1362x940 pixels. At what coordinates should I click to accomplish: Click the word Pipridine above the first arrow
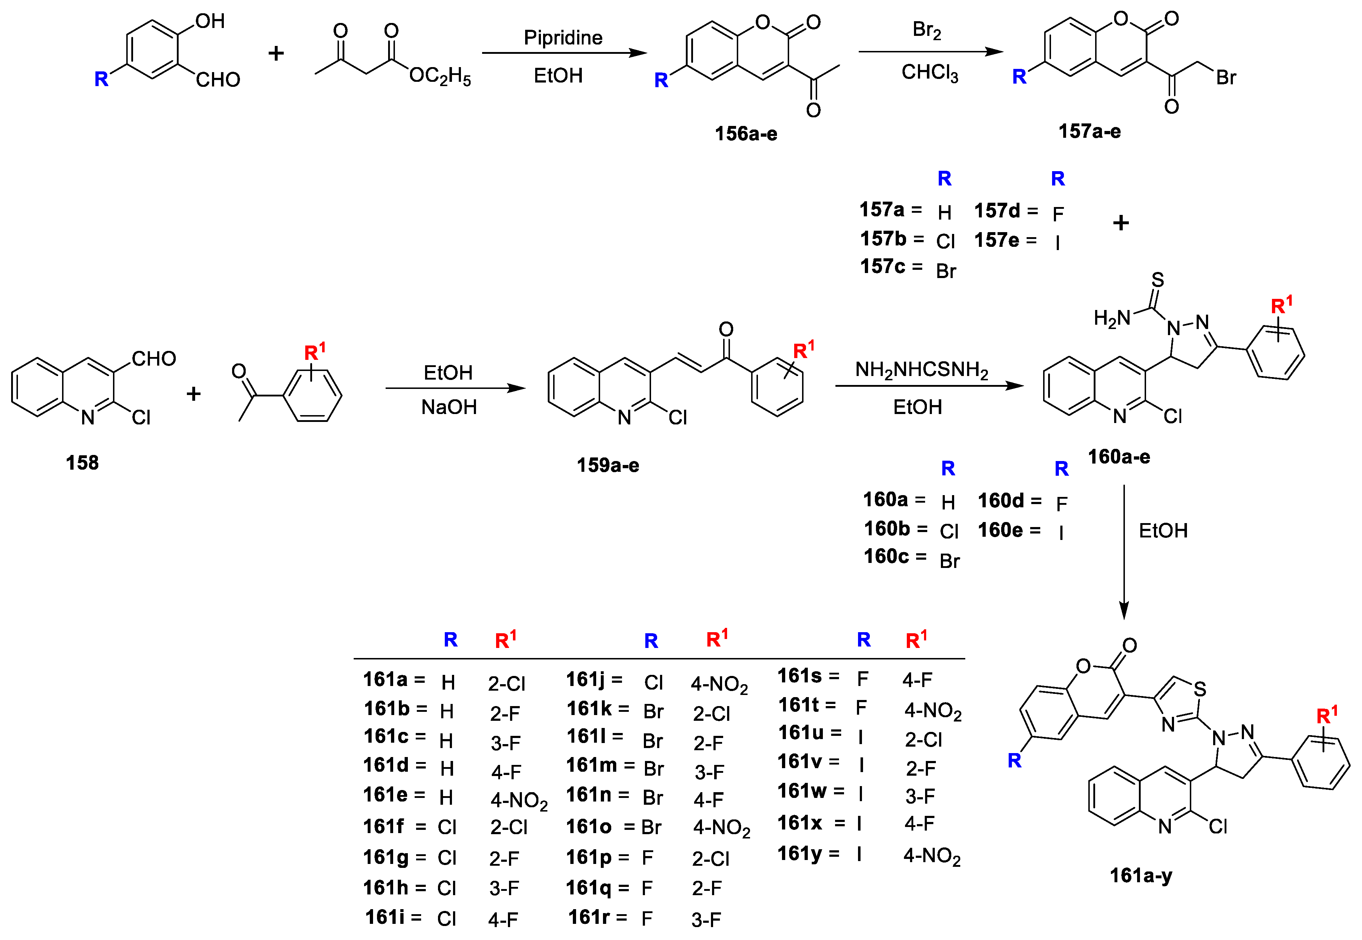click(x=563, y=38)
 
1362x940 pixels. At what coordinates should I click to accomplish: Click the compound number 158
click(x=82, y=462)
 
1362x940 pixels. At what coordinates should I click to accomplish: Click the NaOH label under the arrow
click(x=449, y=407)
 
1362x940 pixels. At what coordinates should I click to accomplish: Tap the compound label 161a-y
click(x=1141, y=875)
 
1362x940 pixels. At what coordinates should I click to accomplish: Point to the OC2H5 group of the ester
click(x=440, y=76)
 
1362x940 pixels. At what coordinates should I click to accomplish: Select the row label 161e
click(x=386, y=795)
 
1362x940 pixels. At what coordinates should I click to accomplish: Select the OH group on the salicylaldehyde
click(x=210, y=21)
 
